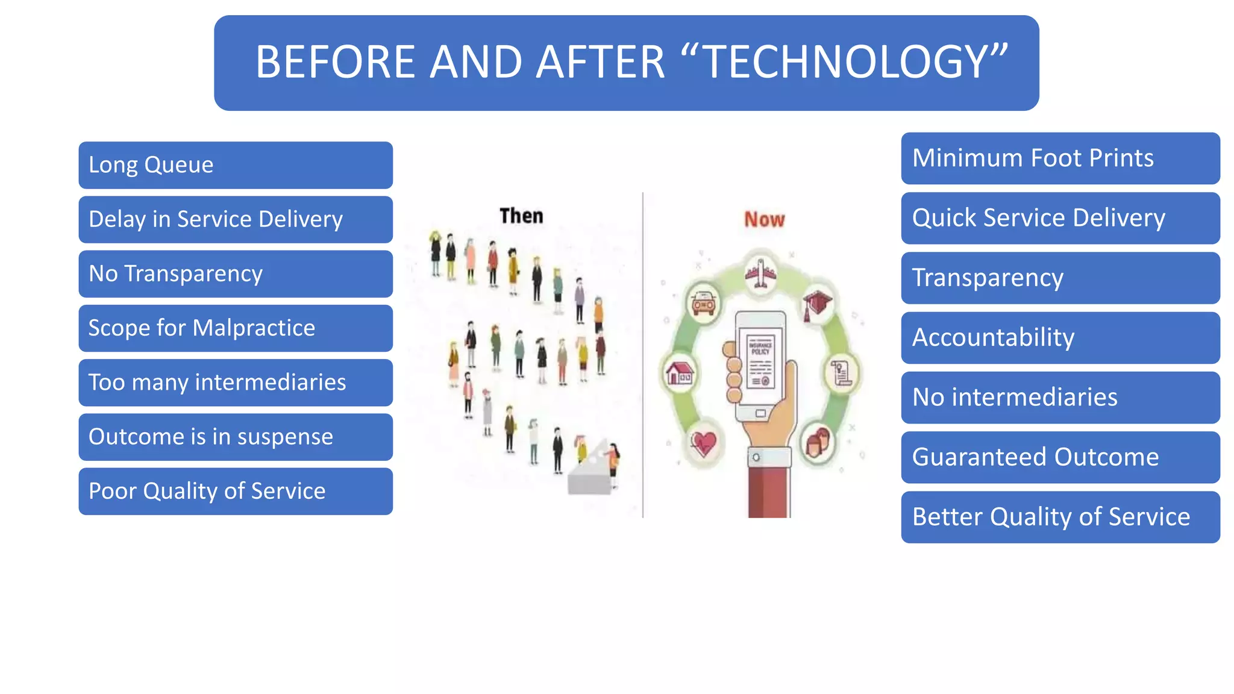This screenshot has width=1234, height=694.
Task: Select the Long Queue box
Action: point(235,165)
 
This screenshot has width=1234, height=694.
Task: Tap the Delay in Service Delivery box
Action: point(235,219)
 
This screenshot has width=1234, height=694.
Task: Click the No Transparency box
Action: point(235,274)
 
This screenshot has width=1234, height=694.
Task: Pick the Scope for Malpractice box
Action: point(235,328)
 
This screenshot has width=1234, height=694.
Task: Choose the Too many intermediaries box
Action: point(235,383)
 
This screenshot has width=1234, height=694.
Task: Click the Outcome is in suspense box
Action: point(235,437)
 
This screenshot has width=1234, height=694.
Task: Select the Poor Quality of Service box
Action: point(235,491)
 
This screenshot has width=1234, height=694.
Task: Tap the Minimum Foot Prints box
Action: point(1060,158)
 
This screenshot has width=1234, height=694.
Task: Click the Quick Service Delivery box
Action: point(1060,218)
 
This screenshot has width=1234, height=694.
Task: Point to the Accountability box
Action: point(1060,337)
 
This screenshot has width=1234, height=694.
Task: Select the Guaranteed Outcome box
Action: point(1060,457)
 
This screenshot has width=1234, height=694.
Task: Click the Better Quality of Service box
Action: point(1060,517)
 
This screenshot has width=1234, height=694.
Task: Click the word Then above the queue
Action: point(521,216)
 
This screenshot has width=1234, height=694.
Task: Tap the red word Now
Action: point(764,219)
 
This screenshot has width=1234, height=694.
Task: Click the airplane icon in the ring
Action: point(761,274)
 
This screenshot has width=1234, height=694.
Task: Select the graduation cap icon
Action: point(817,303)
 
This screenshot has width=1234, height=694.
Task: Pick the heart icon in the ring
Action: point(703,444)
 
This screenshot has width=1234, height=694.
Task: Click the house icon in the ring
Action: point(680,373)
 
